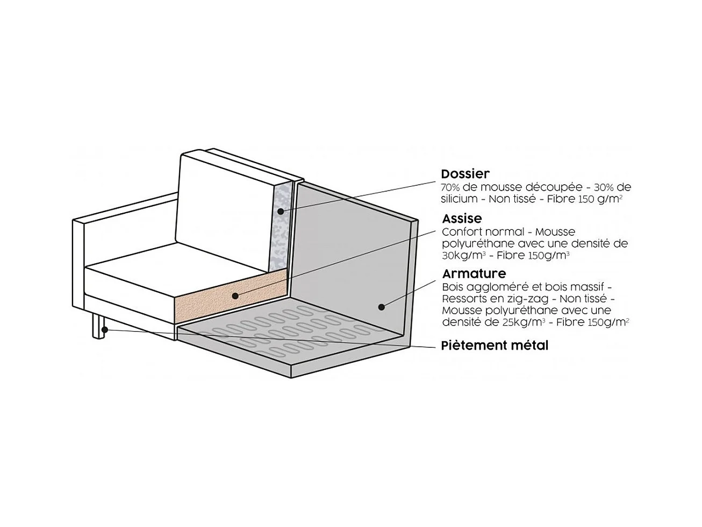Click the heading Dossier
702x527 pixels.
point(465,174)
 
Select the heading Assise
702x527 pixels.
point(462,219)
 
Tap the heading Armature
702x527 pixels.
point(474,274)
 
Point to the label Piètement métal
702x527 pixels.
point(495,346)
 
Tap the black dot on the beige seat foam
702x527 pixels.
point(235,296)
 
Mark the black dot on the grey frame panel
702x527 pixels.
point(381,307)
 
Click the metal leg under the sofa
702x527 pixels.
point(98,326)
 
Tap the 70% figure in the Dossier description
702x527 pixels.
point(450,188)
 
